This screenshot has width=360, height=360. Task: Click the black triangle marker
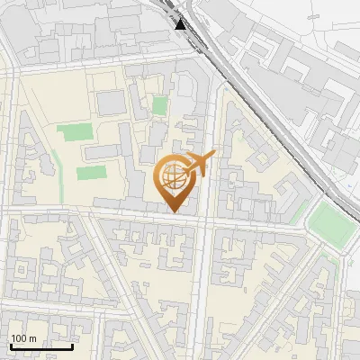coord(181,24)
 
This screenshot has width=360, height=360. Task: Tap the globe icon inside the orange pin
coord(173,179)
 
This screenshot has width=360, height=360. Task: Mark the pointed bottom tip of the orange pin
coord(173,212)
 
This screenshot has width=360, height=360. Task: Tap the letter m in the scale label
coord(34,337)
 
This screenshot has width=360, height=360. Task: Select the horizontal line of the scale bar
coord(41,346)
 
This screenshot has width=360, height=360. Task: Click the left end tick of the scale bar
coord(11,345)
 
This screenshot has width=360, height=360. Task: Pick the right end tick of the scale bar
coord(72,345)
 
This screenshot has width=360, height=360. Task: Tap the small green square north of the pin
coord(159,106)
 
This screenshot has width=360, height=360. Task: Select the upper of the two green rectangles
coord(74,134)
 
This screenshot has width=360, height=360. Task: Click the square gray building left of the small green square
coord(112,103)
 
